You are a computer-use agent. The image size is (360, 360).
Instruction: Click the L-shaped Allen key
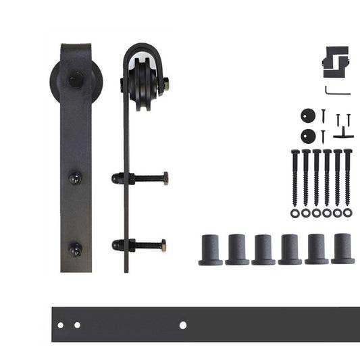tap(336, 90)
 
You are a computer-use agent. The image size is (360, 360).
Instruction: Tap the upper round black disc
tap(308, 115)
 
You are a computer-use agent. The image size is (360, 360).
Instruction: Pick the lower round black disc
tap(308, 135)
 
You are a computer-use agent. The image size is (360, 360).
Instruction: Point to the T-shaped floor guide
tap(343, 133)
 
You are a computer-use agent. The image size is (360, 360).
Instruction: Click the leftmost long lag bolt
tap(295, 177)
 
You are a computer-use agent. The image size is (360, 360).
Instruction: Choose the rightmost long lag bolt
tap(348, 177)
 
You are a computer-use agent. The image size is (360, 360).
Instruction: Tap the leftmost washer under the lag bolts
tap(295, 213)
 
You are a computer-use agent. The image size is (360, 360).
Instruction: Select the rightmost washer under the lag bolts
tap(348, 213)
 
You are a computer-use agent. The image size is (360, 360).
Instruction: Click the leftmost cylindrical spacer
tap(211, 250)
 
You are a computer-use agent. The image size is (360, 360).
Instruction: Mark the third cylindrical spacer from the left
tap(263, 250)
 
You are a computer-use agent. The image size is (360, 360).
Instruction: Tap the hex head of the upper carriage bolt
tap(165, 179)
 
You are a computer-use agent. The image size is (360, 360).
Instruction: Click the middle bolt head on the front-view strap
tap(75, 179)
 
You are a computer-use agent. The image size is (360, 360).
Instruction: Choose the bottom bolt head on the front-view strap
tap(75, 249)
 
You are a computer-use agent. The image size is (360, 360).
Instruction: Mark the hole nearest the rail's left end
tap(60, 326)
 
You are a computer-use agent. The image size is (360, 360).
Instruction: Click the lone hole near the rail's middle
tap(182, 325)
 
